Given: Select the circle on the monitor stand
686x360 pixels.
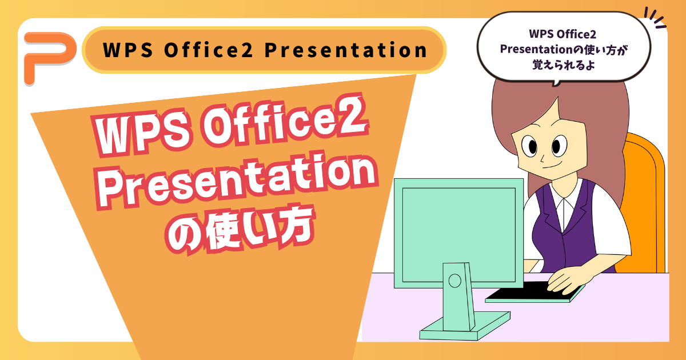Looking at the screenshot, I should pyautogui.click(x=454, y=280).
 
